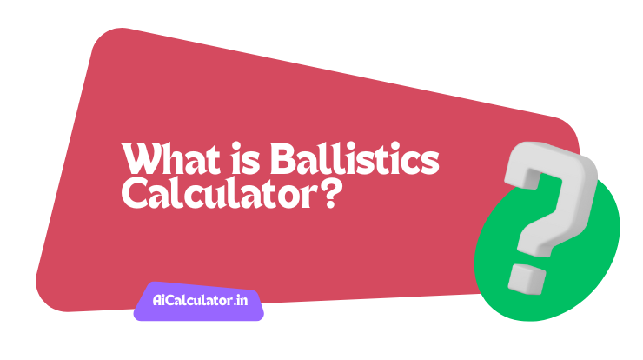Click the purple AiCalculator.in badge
coord(198,302)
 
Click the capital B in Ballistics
coord(282,161)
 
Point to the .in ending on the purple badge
coord(241,302)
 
